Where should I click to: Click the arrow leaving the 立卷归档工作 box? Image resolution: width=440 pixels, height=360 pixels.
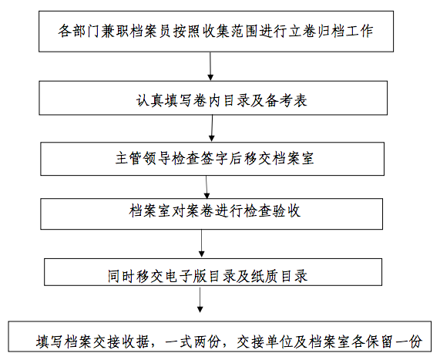pyautogui.click(x=210, y=66)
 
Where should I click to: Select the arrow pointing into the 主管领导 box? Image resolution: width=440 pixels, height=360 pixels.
pyautogui.click(x=212, y=128)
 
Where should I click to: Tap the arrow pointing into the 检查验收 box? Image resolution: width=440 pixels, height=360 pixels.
pyautogui.click(x=207, y=187)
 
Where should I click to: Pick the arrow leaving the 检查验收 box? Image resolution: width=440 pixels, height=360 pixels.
pyautogui.click(x=201, y=243)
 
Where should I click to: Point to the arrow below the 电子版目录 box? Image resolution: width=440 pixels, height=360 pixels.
pyautogui.click(x=200, y=300)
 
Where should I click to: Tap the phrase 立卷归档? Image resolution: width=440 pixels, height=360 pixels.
pyautogui.click(x=316, y=31)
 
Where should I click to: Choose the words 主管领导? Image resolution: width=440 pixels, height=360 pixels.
pyautogui.click(x=143, y=158)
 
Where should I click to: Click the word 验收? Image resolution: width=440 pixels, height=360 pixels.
pyautogui.click(x=287, y=211)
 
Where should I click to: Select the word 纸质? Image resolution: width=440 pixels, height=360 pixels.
pyautogui.click(x=265, y=276)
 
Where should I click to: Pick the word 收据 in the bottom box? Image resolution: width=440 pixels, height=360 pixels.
pyautogui.click(x=136, y=341)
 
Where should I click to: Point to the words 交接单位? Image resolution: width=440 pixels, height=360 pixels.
pyautogui.click(x=265, y=341)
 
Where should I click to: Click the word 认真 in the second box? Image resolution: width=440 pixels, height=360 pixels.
pyautogui.click(x=150, y=100)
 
